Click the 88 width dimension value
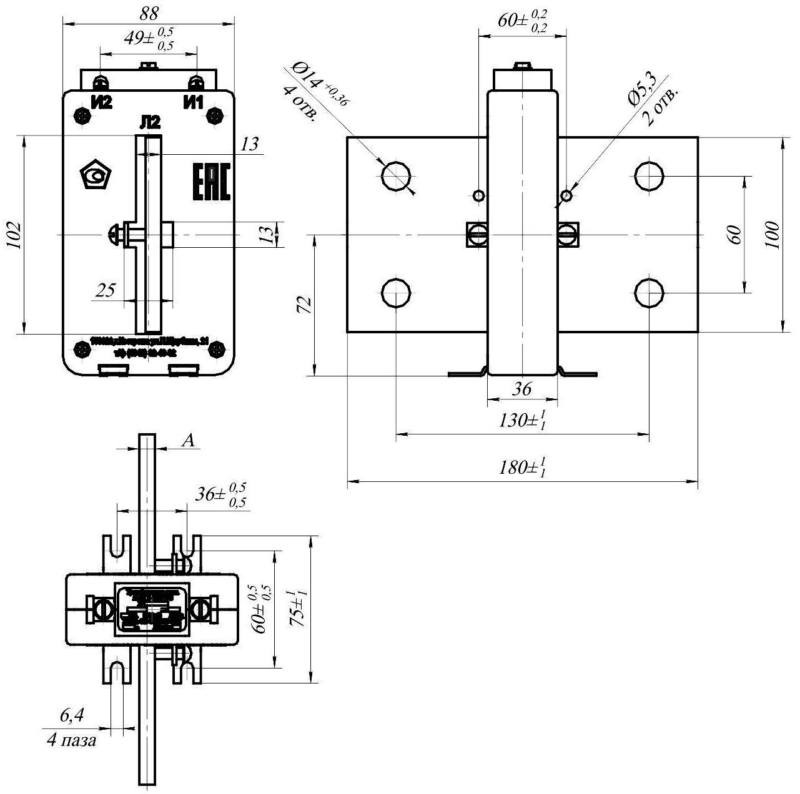tap(150, 12)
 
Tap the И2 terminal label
tap(101, 102)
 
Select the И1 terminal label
tap(193, 102)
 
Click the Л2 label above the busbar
tap(151, 124)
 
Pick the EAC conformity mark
tap(210, 183)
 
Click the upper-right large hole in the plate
tap(649, 175)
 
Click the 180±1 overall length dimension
tap(523, 468)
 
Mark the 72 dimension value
tap(303, 305)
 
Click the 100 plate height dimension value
tap(773, 235)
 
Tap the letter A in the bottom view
tap(189, 441)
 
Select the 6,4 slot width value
tap(72, 716)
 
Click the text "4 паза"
tap(72, 741)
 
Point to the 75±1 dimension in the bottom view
tap(299, 609)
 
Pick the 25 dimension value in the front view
tap(106, 290)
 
